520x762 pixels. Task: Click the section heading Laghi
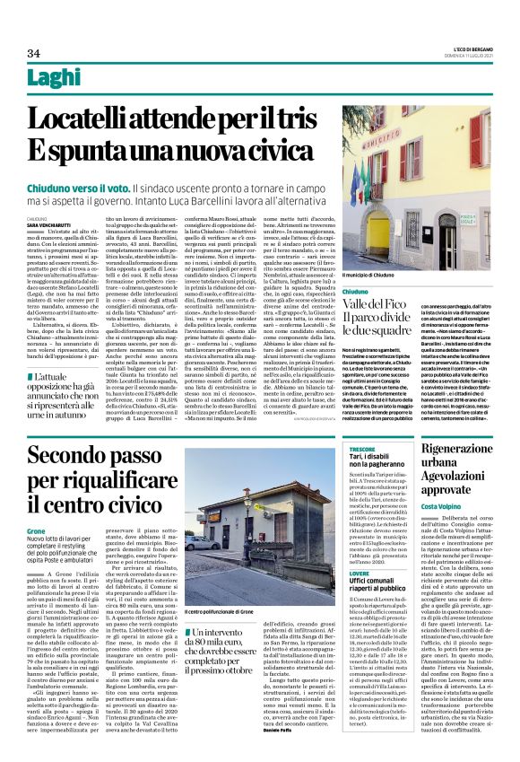(54, 80)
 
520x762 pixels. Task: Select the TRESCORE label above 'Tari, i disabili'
(361, 447)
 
